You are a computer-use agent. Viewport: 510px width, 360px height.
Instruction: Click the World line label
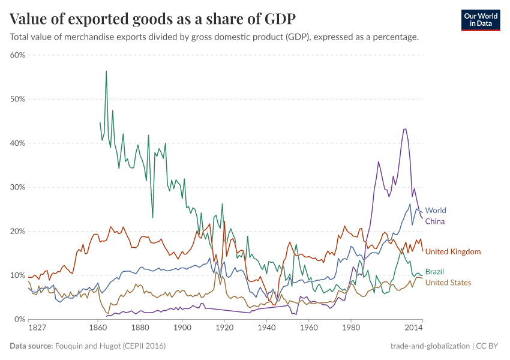pos(435,211)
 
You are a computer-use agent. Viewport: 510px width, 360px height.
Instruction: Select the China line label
pos(434,221)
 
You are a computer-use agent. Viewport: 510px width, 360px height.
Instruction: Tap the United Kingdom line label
pos(453,251)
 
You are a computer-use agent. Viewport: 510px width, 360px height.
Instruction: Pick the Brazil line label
pos(434,272)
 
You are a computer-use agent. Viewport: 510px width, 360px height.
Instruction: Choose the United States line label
pos(448,283)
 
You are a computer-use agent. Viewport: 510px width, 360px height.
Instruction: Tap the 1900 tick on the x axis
pos(182,328)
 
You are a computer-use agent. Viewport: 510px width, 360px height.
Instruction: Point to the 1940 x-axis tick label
pos(266,328)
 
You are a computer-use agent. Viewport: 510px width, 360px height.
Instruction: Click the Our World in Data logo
pos(481,20)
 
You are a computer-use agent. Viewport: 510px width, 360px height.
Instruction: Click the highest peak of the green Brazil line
pos(106,71)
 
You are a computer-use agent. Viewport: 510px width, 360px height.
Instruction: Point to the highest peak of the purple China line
pos(405,128)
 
